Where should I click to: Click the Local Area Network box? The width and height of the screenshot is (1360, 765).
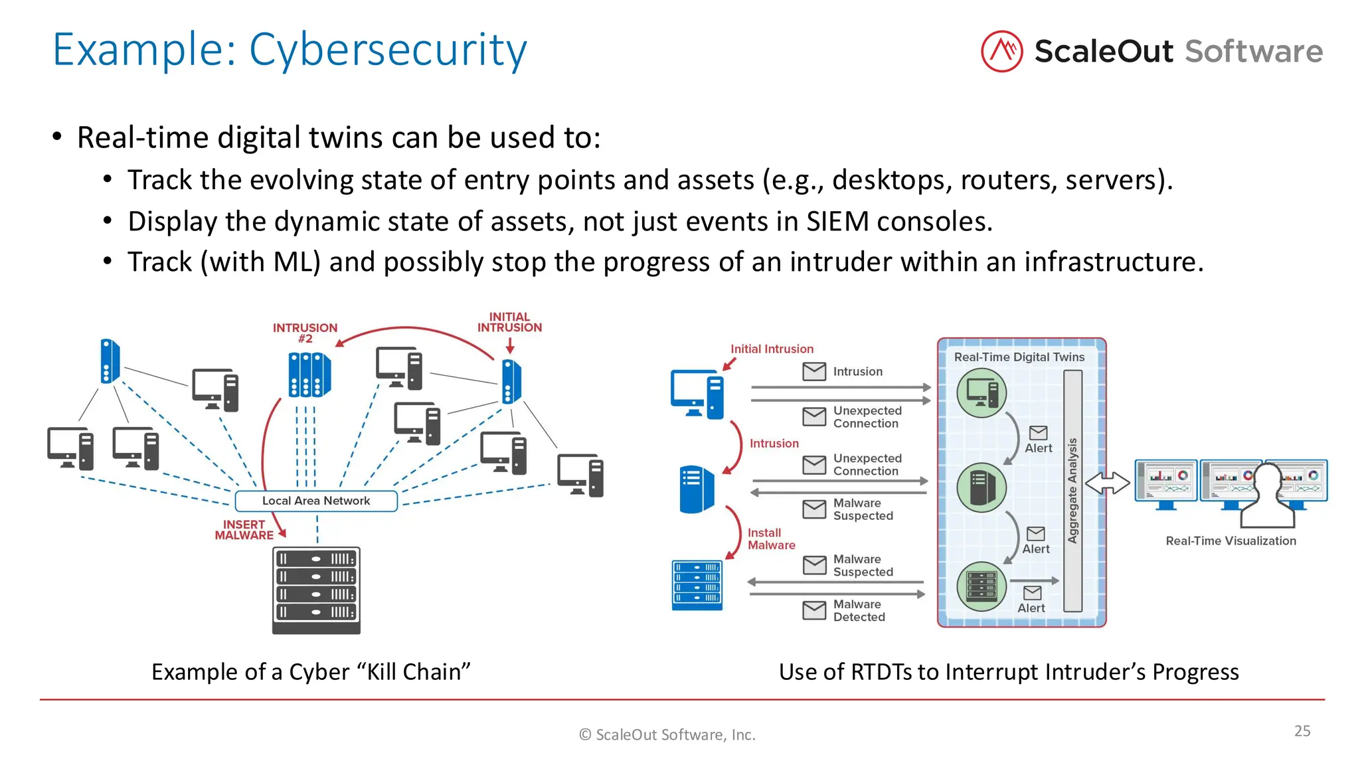(x=316, y=501)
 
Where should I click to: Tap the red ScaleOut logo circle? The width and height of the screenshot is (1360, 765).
(x=1001, y=51)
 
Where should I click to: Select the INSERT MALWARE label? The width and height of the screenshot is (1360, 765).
(x=244, y=530)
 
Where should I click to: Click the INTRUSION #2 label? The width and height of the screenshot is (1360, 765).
(x=305, y=333)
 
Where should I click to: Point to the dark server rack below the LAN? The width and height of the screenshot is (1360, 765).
(x=316, y=590)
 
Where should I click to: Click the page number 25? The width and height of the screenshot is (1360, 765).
(x=1302, y=730)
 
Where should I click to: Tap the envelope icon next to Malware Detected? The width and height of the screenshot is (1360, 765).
(x=814, y=610)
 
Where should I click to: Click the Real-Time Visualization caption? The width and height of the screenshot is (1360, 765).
(x=1231, y=541)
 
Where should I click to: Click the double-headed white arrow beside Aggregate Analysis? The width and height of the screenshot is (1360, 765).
(x=1107, y=483)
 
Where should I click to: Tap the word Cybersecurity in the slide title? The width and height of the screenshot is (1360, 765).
(x=388, y=50)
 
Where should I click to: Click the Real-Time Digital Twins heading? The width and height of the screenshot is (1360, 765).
(x=1019, y=357)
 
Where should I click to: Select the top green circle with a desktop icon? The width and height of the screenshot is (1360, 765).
(x=981, y=392)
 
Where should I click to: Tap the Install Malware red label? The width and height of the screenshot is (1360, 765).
(x=771, y=539)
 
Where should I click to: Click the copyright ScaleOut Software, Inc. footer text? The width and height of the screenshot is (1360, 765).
(x=667, y=734)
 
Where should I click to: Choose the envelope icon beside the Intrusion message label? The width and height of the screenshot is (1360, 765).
(x=814, y=371)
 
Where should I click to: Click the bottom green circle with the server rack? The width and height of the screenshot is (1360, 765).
(x=981, y=586)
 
